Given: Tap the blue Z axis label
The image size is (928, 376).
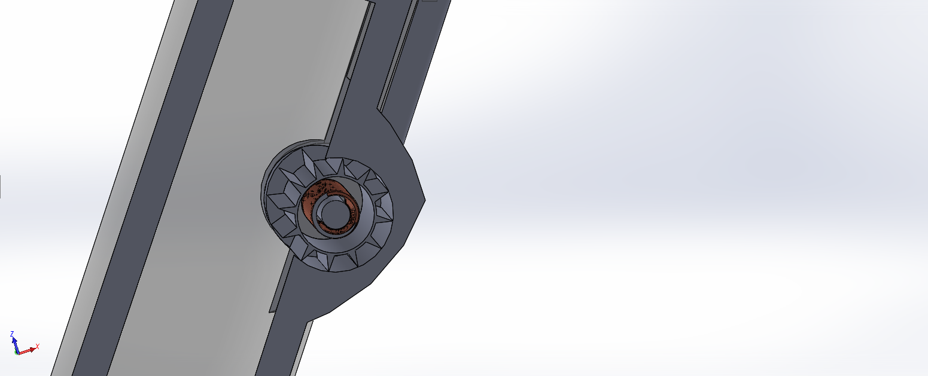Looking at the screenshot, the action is pos(12,334).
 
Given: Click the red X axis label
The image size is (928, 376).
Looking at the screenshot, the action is pos(37,346).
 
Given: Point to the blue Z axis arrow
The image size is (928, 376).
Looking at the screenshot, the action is pos(15,344).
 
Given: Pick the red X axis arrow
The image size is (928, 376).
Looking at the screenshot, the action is pos(27,351).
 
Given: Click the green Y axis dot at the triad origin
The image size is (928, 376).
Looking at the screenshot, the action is pos(17,353).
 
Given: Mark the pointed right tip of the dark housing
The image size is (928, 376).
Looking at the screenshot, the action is pos(425,200).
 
